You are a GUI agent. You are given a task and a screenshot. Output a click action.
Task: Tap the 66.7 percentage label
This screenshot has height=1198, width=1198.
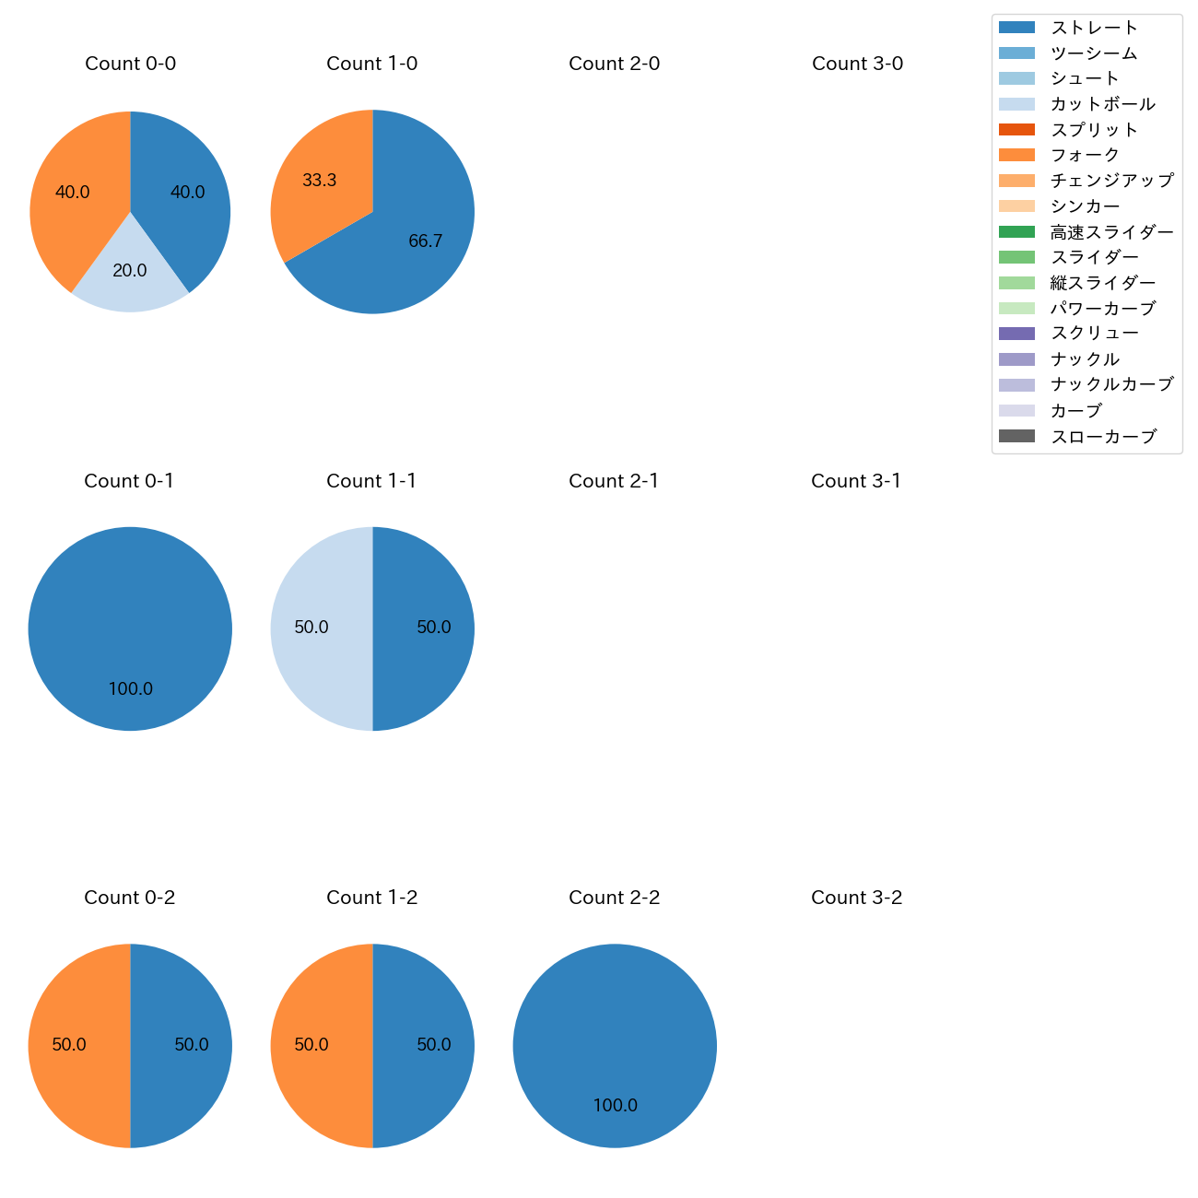(x=426, y=241)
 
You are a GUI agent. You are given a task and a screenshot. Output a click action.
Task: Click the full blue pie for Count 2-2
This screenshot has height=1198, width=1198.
(x=615, y=1032)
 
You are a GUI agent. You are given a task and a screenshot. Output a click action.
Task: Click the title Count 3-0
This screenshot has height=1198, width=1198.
(x=857, y=64)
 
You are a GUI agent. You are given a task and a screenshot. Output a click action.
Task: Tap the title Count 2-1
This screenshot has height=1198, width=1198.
(x=614, y=481)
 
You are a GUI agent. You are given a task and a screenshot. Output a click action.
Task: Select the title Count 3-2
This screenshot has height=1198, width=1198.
(x=856, y=898)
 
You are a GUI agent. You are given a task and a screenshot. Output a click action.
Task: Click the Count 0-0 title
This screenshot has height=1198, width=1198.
(x=130, y=64)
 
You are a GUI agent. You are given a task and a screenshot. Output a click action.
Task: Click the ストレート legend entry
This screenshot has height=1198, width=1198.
(x=1094, y=28)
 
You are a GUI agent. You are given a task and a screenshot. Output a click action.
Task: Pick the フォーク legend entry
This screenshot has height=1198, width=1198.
(x=1085, y=155)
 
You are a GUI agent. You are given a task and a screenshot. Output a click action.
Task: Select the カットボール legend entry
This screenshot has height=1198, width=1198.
(x=1102, y=104)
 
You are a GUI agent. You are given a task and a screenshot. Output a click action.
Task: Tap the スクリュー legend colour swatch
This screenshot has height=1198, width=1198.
(x=1016, y=334)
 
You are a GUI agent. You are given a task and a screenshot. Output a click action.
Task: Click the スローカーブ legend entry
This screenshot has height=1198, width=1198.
(x=1103, y=437)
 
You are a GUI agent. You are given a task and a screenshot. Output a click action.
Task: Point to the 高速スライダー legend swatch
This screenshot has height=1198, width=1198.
(x=1016, y=231)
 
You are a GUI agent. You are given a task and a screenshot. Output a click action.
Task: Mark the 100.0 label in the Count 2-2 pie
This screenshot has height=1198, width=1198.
(x=615, y=1106)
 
